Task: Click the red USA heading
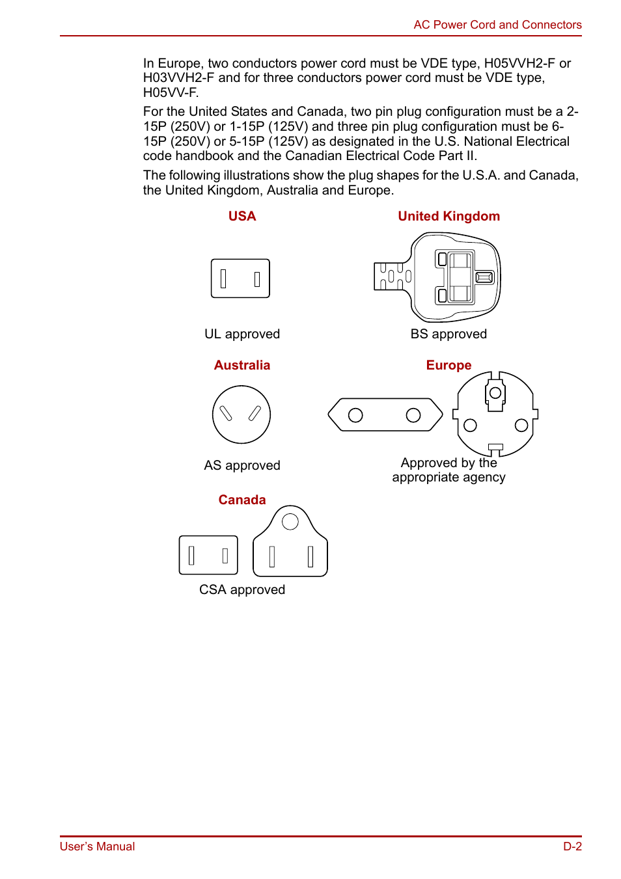pyautogui.click(x=242, y=217)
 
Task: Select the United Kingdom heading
pyautogui.click(x=448, y=217)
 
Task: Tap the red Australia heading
pyautogui.click(x=242, y=366)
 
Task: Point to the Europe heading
pyautogui.click(x=448, y=366)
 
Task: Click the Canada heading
pyautogui.click(x=242, y=500)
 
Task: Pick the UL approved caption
pyautogui.click(x=242, y=334)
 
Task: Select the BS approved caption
pyautogui.click(x=448, y=334)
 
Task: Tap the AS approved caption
pyautogui.click(x=242, y=466)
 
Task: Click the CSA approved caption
pyautogui.click(x=242, y=590)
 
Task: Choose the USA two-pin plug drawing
pyautogui.click(x=240, y=278)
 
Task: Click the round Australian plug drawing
pyautogui.click(x=241, y=414)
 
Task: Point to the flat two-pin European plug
pyautogui.click(x=385, y=415)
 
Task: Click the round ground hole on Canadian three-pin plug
pyautogui.click(x=290, y=521)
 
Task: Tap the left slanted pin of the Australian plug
pyautogui.click(x=226, y=413)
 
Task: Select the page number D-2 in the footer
pyautogui.click(x=572, y=846)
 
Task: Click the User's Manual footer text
pyautogui.click(x=98, y=846)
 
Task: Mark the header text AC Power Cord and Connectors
pyautogui.click(x=497, y=25)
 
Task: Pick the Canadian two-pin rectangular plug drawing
pyautogui.click(x=208, y=555)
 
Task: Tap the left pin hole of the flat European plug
pyautogui.click(x=355, y=415)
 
